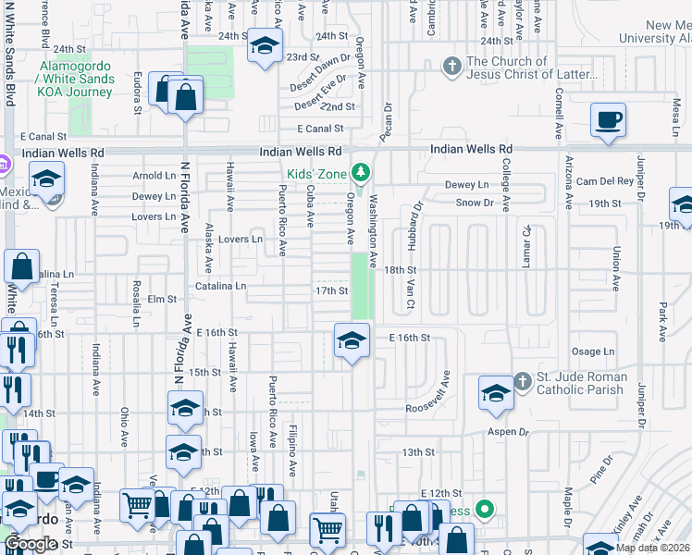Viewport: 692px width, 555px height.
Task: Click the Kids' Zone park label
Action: [314, 174]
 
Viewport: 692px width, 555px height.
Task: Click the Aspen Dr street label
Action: [510, 432]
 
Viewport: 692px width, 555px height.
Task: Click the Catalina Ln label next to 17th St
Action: [220, 287]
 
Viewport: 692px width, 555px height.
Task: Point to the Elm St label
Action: [162, 299]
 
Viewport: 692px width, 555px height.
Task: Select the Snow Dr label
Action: [475, 202]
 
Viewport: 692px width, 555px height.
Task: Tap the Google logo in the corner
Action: [31, 544]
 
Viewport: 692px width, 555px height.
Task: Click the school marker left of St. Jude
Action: [496, 394]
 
